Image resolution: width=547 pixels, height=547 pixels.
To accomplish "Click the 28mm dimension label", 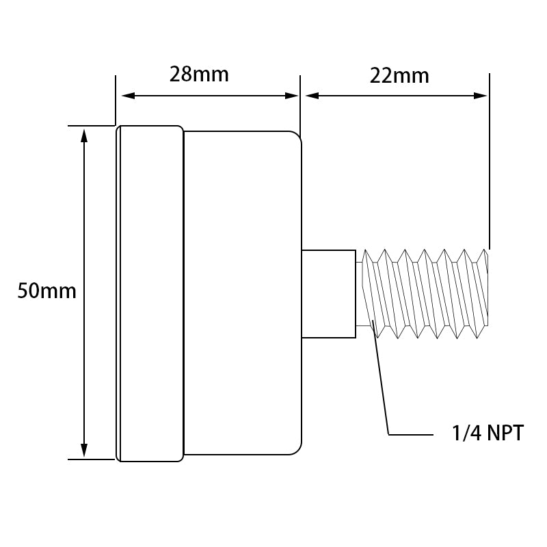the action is (x=199, y=75).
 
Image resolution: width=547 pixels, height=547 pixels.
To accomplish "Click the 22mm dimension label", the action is (x=399, y=76).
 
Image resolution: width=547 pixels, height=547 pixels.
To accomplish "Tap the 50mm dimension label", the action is (x=46, y=291).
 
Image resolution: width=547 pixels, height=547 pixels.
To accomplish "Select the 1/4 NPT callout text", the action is (x=488, y=433).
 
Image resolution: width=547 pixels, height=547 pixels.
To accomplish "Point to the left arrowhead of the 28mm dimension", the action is (x=128, y=96).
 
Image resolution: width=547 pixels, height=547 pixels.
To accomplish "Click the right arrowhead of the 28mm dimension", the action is (x=292, y=96).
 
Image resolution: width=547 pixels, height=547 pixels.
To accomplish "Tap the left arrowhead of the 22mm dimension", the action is (x=312, y=96).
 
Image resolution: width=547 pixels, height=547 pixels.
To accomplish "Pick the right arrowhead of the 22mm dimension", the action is (x=481, y=96).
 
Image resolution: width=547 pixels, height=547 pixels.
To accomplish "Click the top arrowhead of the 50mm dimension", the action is (x=83, y=135).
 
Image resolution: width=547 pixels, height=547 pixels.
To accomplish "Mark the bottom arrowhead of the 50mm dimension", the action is (x=83, y=450).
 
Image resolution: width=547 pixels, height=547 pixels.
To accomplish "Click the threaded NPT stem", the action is (x=425, y=294).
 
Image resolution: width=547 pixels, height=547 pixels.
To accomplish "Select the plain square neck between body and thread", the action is (x=329, y=294).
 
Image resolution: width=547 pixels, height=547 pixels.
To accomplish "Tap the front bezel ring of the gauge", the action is (x=150, y=293).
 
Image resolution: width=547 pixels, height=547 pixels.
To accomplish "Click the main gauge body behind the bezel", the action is (x=243, y=293).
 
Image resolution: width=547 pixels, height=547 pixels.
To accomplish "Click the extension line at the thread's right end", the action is (x=489, y=161).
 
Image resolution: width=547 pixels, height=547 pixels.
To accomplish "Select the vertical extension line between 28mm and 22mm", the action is (x=300, y=105).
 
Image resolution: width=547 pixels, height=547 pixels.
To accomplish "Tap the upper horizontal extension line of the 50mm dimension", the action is (x=92, y=126).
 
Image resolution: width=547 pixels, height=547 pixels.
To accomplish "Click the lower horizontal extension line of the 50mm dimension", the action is (x=92, y=459).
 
